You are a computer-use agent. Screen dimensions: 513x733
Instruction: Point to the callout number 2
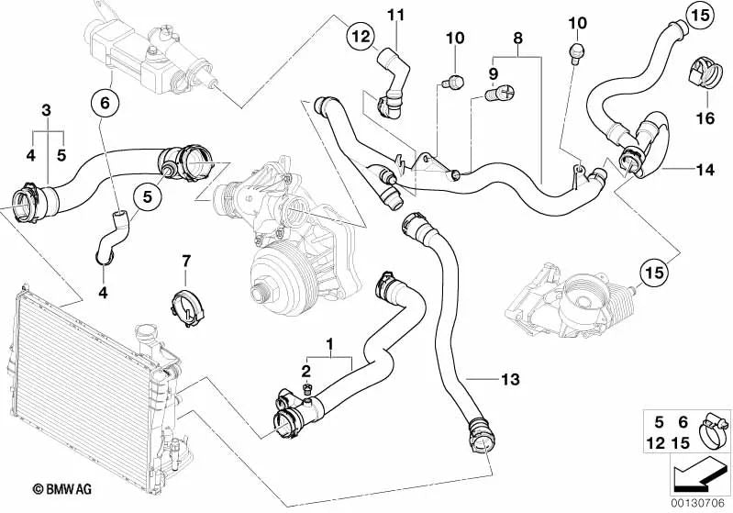tap(306, 370)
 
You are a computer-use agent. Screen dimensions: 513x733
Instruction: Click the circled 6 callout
tap(104, 104)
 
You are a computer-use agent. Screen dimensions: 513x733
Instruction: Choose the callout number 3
tap(45, 111)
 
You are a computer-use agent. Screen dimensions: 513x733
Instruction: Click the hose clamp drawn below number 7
tap(186, 304)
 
